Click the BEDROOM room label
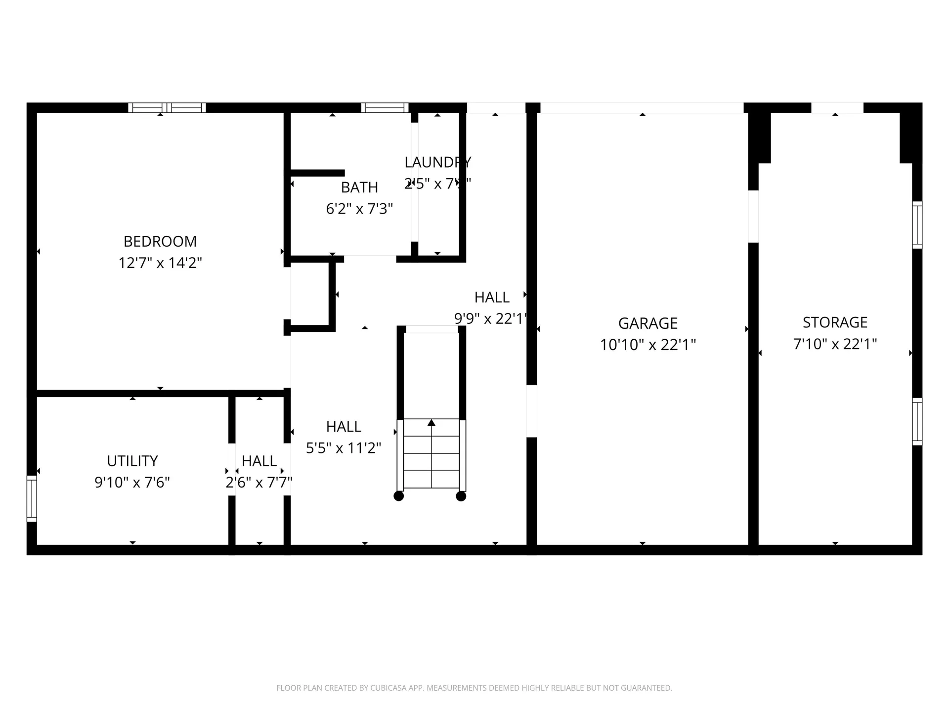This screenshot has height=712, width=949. click(160, 241)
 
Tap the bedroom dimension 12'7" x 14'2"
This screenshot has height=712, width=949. click(160, 263)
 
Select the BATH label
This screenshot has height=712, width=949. click(359, 187)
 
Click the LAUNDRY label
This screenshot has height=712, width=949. click(437, 162)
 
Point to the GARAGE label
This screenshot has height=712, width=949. click(647, 323)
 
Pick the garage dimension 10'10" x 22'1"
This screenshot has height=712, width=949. click(647, 345)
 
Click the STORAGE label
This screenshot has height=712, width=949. click(835, 322)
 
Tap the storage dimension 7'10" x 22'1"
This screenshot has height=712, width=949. click(835, 344)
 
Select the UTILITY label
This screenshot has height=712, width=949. click(132, 461)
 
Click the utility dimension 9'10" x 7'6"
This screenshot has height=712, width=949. click(132, 482)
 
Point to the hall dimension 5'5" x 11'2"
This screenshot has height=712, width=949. click(344, 448)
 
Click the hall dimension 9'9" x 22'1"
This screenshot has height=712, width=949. click(491, 318)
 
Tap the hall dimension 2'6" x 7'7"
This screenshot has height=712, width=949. click(259, 482)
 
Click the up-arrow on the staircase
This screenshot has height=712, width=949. click(431, 423)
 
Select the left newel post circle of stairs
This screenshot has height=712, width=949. click(399, 496)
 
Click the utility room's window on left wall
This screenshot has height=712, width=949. click(32, 498)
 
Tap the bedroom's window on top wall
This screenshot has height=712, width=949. click(167, 108)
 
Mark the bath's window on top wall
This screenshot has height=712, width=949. click(385, 108)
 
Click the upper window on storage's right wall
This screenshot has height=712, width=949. click(917, 225)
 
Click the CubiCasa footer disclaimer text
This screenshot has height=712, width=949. click(474, 688)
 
